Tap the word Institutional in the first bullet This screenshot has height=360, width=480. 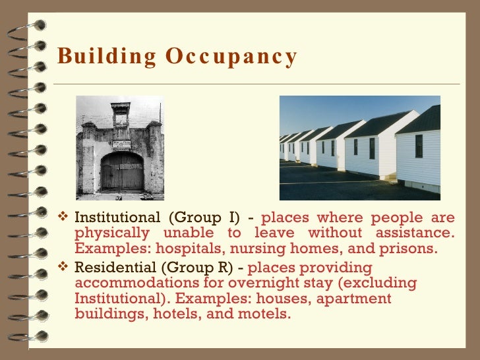pos(117,218)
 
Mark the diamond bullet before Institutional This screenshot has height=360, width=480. pos(64,218)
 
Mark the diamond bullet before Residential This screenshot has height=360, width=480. pos(64,268)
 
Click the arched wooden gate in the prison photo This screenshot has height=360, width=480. pos(122,172)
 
